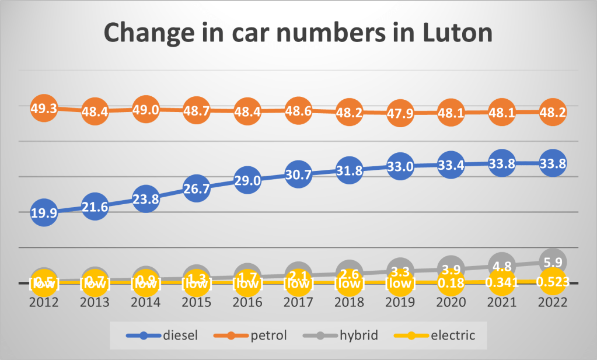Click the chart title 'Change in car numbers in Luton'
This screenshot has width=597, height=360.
[x=298, y=34]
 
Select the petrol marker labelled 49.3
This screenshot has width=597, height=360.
[x=44, y=108]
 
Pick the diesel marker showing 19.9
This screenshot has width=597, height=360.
[x=44, y=213]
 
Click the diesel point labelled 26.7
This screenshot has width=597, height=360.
[x=196, y=189]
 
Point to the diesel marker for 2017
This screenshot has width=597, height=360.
[x=298, y=174]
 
